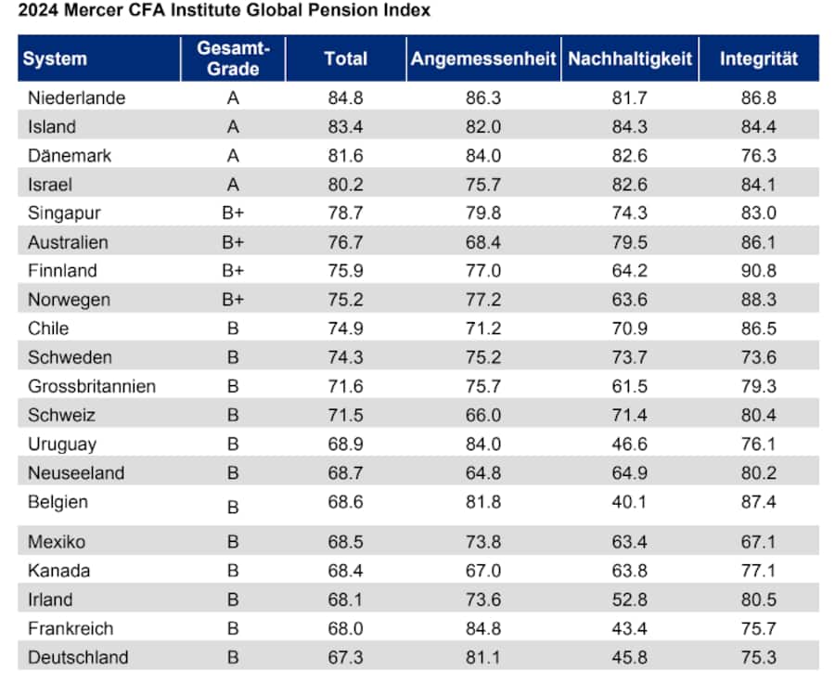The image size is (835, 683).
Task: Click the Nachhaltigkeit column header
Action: pyautogui.click(x=630, y=58)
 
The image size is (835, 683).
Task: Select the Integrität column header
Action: pyautogui.click(x=759, y=58)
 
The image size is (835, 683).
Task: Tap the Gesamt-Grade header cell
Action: pyautogui.click(x=233, y=58)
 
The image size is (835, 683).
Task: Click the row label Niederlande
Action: pyautogui.click(x=76, y=97)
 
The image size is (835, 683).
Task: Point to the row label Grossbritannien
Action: pyautogui.click(x=92, y=386)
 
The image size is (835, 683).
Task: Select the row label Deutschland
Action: pyautogui.click(x=78, y=657)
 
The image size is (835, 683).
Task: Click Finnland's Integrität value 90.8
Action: pyautogui.click(x=759, y=271)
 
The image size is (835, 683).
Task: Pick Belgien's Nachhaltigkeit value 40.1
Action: pyautogui.click(x=629, y=502)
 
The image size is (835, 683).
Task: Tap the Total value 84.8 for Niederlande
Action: pyautogui.click(x=345, y=97)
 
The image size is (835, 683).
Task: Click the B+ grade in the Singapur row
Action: pyautogui.click(x=233, y=213)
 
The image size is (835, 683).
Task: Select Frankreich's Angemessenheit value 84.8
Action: pyautogui.click(x=482, y=628)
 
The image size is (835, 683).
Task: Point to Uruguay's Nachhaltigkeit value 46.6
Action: pyautogui.click(x=629, y=444)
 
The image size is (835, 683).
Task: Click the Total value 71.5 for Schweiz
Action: pyautogui.click(x=345, y=415)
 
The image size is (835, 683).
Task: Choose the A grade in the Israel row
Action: pyautogui.click(x=233, y=184)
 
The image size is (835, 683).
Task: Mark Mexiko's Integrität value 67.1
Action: pyautogui.click(x=759, y=541)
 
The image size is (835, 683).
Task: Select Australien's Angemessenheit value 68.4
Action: pyautogui.click(x=482, y=242)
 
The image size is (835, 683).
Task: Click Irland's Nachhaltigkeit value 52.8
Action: pyautogui.click(x=629, y=599)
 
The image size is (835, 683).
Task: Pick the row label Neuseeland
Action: pyautogui.click(x=76, y=472)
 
